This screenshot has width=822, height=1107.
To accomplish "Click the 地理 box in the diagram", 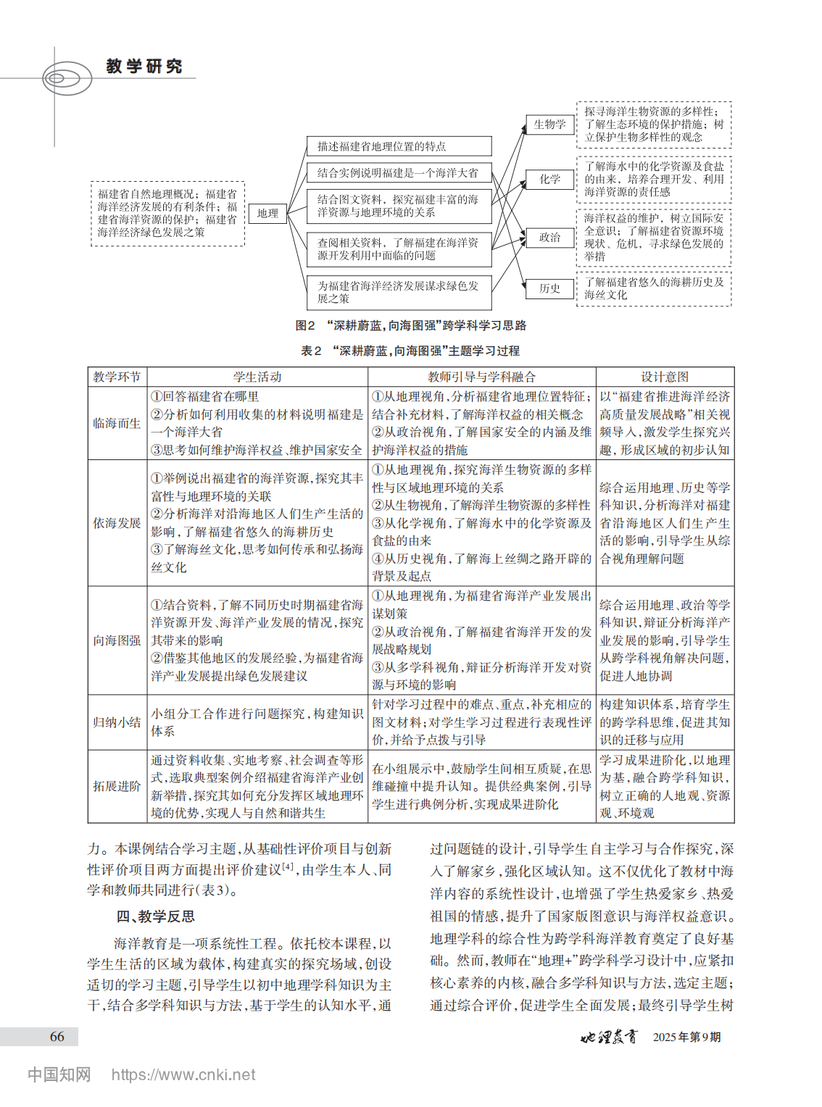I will pyautogui.click(x=267, y=213).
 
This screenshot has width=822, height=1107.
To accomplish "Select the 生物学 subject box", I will pyautogui.click(x=549, y=125).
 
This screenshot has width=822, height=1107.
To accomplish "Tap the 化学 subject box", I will pyautogui.click(x=549, y=179).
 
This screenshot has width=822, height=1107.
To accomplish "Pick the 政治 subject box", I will pyautogui.click(x=549, y=238).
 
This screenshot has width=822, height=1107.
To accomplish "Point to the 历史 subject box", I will pyautogui.click(x=549, y=288).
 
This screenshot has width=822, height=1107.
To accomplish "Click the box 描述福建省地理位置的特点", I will pyautogui.click(x=399, y=146).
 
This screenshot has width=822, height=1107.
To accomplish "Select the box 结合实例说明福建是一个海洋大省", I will pyautogui.click(x=399, y=173).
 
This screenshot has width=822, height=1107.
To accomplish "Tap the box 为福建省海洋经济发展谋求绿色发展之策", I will pyautogui.click(x=399, y=292).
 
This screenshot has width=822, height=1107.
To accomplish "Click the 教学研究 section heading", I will pyautogui.click(x=144, y=67).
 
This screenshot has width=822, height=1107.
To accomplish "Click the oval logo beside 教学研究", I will pyautogui.click(x=66, y=78).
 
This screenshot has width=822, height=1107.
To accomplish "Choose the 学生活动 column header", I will pyautogui.click(x=257, y=377).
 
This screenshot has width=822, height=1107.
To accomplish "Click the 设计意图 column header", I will pyautogui.click(x=665, y=377).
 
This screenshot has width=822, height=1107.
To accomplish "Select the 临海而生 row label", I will pyautogui.click(x=117, y=423).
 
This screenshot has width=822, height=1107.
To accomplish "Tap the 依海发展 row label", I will pyautogui.click(x=117, y=523).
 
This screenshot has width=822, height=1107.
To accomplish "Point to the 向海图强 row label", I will pyautogui.click(x=117, y=640).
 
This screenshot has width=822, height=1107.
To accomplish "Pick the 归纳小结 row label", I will pyautogui.click(x=117, y=722).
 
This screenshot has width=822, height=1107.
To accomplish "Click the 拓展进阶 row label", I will pyautogui.click(x=117, y=786).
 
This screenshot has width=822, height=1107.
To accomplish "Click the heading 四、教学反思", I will pyautogui.click(x=155, y=916).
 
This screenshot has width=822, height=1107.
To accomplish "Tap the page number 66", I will pyautogui.click(x=57, y=1037).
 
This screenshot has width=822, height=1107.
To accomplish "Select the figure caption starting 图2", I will pyautogui.click(x=410, y=326).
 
